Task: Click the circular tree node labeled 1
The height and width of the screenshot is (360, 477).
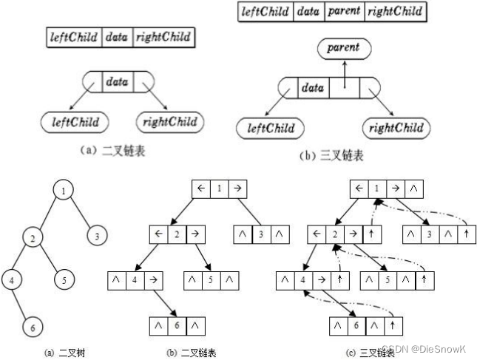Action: pyautogui.click(x=64, y=191)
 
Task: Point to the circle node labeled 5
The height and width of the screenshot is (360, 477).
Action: pyautogui.click(x=64, y=281)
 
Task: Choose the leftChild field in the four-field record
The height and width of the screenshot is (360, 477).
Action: pyautogui.click(x=266, y=12)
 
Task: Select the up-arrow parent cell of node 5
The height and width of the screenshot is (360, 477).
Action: pyautogui.click(x=423, y=281)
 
